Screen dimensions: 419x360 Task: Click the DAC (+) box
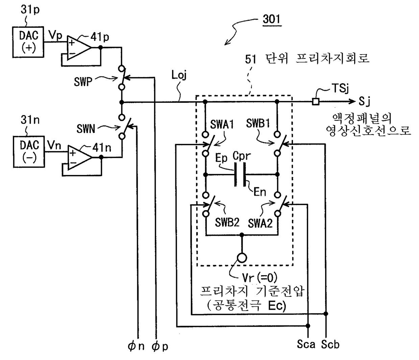tap(28, 42)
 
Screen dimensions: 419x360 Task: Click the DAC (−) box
tap(29, 152)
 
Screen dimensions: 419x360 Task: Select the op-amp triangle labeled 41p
tap(79, 48)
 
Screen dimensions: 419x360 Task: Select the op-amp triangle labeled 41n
tap(80, 157)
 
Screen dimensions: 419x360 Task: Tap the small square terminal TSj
tap(315, 101)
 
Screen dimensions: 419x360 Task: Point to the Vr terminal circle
tap(242, 258)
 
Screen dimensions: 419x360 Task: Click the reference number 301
tap(272, 20)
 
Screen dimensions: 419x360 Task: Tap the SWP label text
tap(83, 82)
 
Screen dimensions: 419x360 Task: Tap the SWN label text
tap(85, 128)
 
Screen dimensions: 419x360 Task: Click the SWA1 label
tap(222, 124)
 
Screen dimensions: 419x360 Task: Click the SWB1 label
tap(258, 123)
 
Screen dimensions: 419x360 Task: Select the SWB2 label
tap(227, 222)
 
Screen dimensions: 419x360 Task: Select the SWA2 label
tap(260, 224)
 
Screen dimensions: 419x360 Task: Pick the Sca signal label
tap(306, 344)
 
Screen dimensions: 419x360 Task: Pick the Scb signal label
tap(330, 344)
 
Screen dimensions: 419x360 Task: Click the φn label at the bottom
tap(136, 346)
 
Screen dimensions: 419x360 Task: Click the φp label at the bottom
tap(160, 346)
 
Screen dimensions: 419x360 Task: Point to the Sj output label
tap(364, 101)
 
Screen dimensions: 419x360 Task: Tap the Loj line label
tap(179, 75)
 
